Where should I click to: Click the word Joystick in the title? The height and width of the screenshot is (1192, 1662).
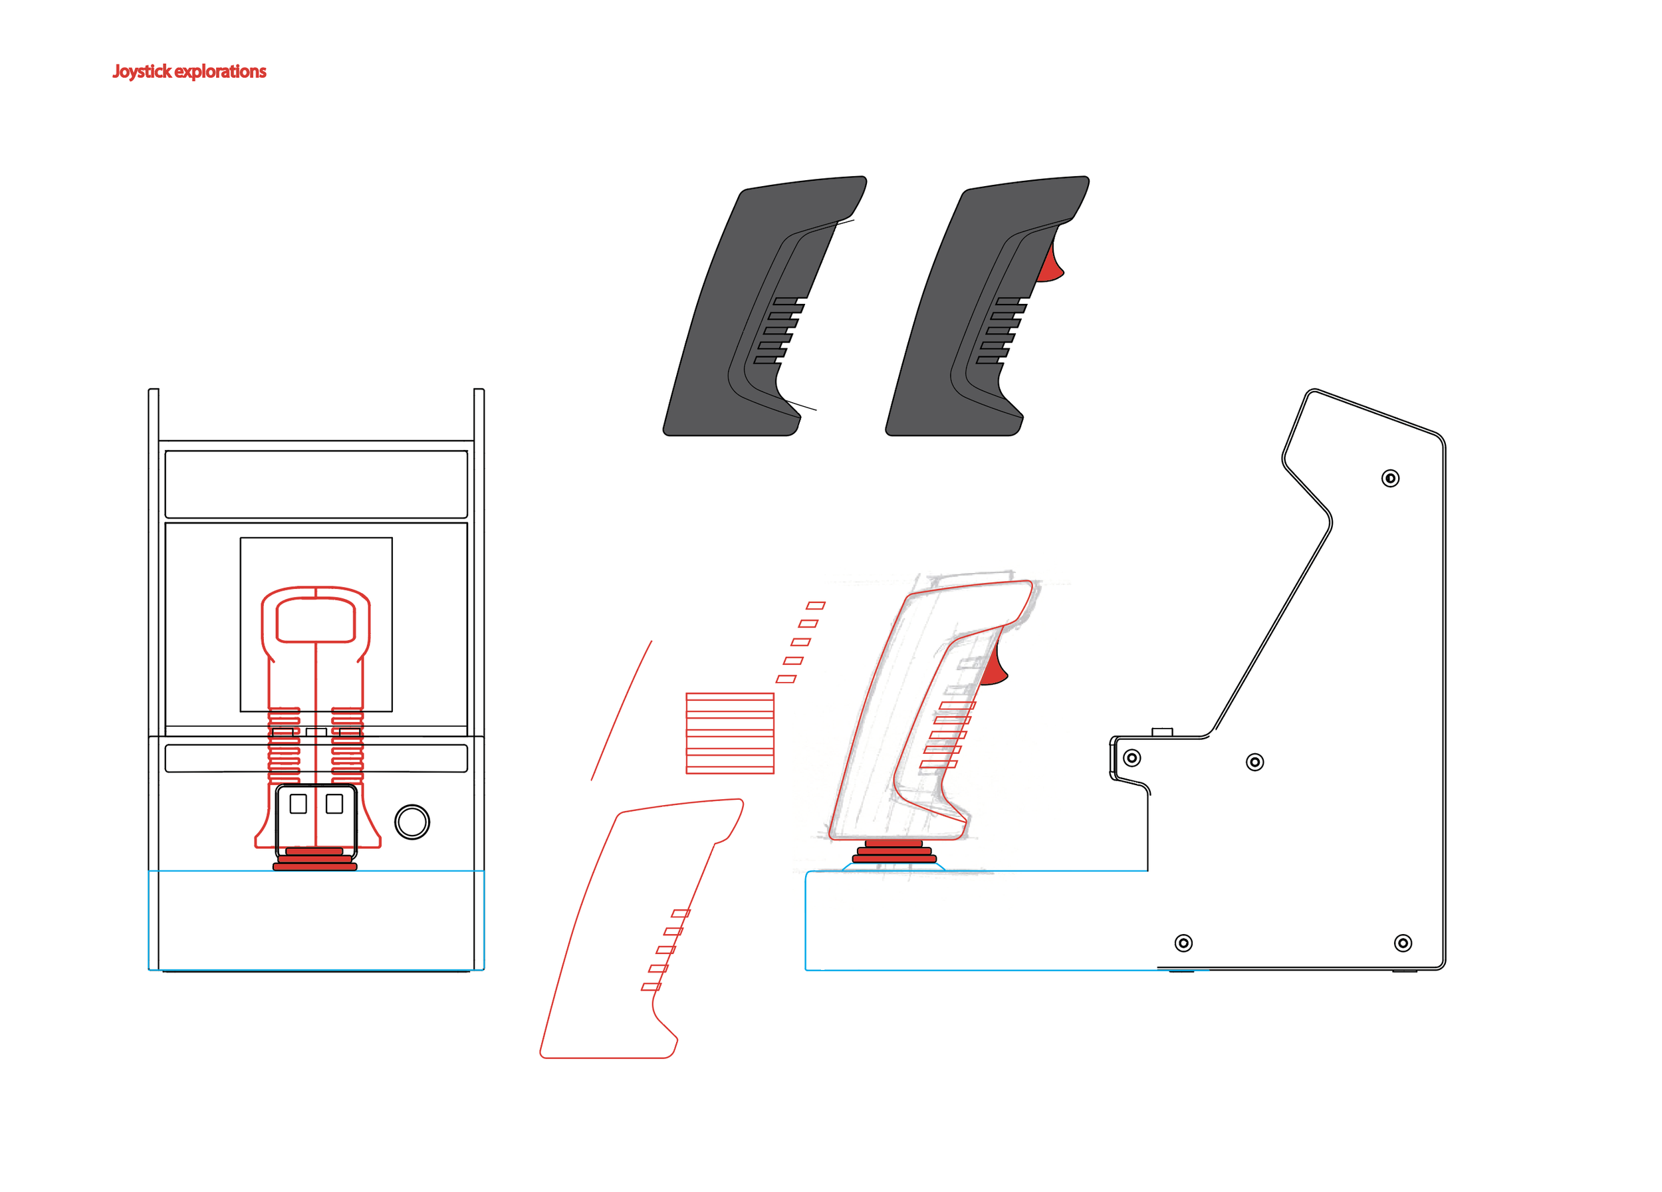point(142,71)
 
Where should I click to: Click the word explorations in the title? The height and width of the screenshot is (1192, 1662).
point(220,71)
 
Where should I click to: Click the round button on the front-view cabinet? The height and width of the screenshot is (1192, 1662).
point(412,822)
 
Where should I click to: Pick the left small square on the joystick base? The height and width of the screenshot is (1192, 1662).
point(298,804)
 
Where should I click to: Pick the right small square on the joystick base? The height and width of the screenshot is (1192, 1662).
point(334,804)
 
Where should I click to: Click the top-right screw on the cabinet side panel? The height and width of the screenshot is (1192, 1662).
point(1390,479)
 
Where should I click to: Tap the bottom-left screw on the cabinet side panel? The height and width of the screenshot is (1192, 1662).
point(1183,943)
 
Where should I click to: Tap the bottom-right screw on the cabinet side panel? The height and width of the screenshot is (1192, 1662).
point(1403,943)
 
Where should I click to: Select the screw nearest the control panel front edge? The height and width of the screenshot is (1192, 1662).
point(1132,757)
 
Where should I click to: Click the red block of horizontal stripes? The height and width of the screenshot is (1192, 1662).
point(730,733)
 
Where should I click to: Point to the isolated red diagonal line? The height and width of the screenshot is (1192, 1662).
point(622,710)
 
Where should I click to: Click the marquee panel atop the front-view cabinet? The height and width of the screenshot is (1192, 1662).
point(316,484)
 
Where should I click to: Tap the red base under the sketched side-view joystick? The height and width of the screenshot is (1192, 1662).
point(894,852)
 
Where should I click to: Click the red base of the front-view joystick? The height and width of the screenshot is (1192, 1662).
point(314,860)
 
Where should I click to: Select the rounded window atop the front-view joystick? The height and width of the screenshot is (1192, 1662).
point(316,620)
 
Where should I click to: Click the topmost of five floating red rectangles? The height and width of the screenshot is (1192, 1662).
point(816,605)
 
